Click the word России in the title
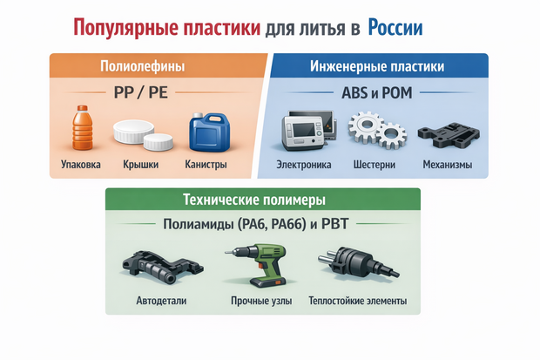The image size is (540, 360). [x=395, y=28]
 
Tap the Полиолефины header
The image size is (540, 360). [x=143, y=66]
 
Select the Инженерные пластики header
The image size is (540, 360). [x=377, y=66]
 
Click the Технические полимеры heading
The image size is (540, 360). [x=254, y=200]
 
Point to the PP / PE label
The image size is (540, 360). [x=141, y=92]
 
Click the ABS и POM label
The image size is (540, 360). [x=377, y=92]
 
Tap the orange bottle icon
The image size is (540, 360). [x=83, y=127]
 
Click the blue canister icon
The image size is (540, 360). [x=209, y=132]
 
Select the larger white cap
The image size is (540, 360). [x=133, y=131]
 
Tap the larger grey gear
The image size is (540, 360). [x=366, y=126]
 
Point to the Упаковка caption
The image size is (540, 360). [x=81, y=164]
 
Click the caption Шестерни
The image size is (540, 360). [x=375, y=165]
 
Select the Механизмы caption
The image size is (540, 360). [x=448, y=165]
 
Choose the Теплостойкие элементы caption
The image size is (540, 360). [x=358, y=301]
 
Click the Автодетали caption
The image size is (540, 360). [x=161, y=301]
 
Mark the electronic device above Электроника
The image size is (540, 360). [x=307, y=131]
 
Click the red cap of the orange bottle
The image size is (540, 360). [x=83, y=108]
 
